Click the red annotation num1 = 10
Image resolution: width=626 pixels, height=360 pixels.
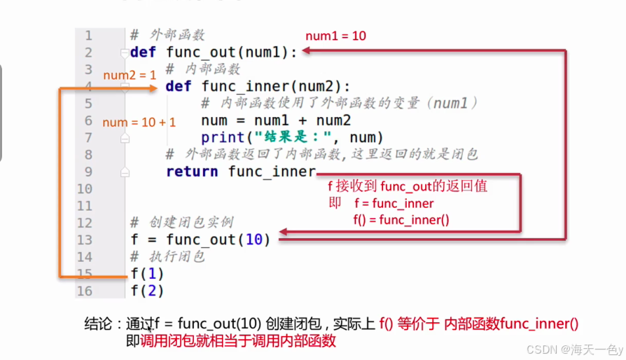click(336, 36)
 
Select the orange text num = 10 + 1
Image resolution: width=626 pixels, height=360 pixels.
click(139, 123)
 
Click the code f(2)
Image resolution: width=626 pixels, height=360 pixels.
click(146, 291)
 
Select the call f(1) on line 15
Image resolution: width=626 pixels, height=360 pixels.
click(146, 274)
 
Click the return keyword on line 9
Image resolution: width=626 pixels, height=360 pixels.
click(193, 172)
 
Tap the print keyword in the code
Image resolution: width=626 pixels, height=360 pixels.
click(223, 137)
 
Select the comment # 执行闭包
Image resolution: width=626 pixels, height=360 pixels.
click(167, 257)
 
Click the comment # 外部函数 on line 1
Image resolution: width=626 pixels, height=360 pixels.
click(167, 35)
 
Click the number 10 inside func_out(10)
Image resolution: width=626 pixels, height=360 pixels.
click(254, 240)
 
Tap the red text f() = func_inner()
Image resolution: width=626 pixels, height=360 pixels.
click(401, 219)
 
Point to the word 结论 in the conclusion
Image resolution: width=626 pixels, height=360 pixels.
click(98, 324)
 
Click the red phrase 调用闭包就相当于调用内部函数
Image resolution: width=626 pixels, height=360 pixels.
click(238, 341)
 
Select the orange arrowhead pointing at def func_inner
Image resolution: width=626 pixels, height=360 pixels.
click(153, 88)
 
